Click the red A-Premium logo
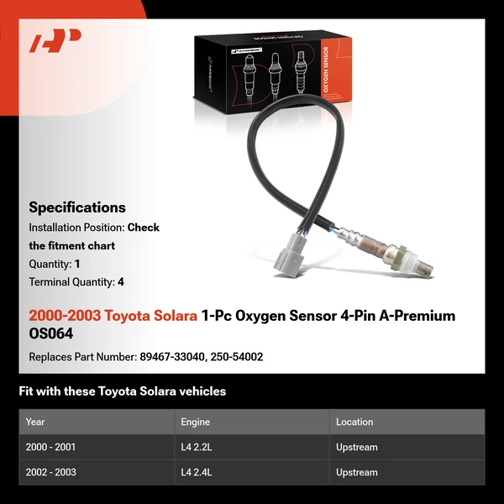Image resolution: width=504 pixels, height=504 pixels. pyautogui.click(x=55, y=41)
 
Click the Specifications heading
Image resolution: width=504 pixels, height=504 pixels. pyautogui.click(x=77, y=207)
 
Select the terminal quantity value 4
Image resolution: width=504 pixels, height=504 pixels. pyautogui.click(x=121, y=282)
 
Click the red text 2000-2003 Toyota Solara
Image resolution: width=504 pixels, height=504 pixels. pyautogui.click(x=113, y=316)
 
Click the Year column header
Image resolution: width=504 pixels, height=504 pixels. pyautogui.click(x=35, y=422)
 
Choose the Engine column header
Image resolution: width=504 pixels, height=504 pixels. pyautogui.click(x=195, y=422)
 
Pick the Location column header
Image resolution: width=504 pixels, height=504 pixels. pyautogui.click(x=354, y=422)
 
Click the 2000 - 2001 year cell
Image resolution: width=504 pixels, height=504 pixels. pyautogui.click(x=51, y=448)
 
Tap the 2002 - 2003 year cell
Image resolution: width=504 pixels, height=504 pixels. pyautogui.click(x=51, y=472)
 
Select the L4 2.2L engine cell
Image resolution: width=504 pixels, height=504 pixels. pyautogui.click(x=197, y=448)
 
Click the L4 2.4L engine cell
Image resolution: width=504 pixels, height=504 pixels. pyautogui.click(x=197, y=472)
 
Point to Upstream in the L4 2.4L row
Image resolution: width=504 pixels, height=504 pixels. pyautogui.click(x=357, y=472)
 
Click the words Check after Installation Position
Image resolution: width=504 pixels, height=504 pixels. pyautogui.click(x=144, y=228)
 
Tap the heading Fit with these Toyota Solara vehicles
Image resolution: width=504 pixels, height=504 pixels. pyautogui.click(x=123, y=391)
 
